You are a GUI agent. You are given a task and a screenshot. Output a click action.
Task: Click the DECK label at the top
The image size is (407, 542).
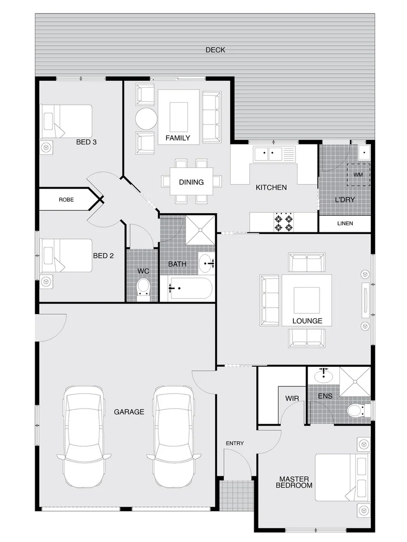click(x=215, y=50)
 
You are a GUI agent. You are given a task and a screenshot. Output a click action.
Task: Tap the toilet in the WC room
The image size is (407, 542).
click(x=143, y=288)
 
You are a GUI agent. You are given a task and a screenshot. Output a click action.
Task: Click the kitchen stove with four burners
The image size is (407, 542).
click(x=283, y=222)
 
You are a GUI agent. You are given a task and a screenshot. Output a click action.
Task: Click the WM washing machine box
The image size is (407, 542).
click(x=358, y=174)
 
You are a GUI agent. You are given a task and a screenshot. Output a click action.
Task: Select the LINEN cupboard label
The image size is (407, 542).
click(x=345, y=223)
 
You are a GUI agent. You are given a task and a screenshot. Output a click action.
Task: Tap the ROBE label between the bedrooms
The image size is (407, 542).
click(x=66, y=199)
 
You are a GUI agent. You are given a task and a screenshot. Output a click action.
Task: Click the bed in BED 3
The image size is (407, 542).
click(x=66, y=121)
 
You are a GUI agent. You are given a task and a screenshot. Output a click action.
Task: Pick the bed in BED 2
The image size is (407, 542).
click(x=66, y=255)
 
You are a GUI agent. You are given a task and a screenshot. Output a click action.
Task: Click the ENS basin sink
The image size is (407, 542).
click(x=324, y=375)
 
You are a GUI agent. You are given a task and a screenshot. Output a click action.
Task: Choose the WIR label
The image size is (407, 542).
click(x=292, y=397)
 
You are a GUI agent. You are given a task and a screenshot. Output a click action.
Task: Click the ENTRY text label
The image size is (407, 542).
click(x=235, y=443)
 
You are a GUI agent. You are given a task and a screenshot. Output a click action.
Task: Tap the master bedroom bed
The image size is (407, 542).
click(x=342, y=477)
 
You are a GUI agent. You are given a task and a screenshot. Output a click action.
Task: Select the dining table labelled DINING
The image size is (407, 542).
click(x=191, y=182)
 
